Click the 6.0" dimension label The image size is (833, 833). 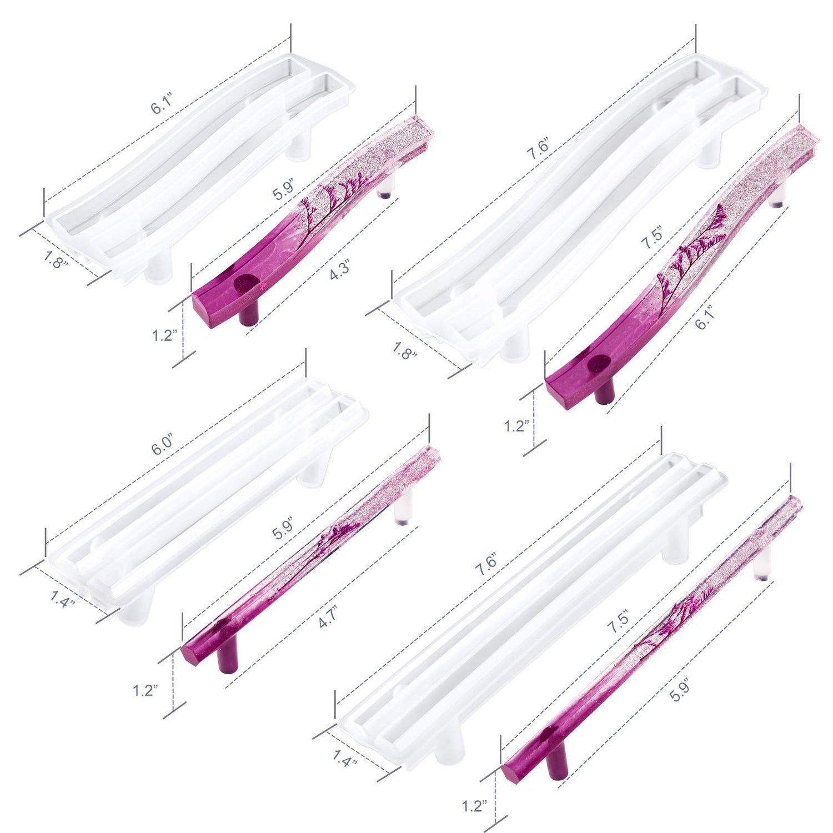(163, 445)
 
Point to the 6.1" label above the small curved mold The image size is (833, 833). (162, 104)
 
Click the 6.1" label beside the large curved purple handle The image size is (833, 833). (704, 319)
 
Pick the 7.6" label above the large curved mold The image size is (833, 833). (538, 149)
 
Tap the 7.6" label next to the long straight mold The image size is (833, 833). (485, 564)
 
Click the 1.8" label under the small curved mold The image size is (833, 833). (55, 259)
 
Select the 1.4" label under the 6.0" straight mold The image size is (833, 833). (62, 599)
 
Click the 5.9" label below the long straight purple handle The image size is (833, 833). (679, 691)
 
